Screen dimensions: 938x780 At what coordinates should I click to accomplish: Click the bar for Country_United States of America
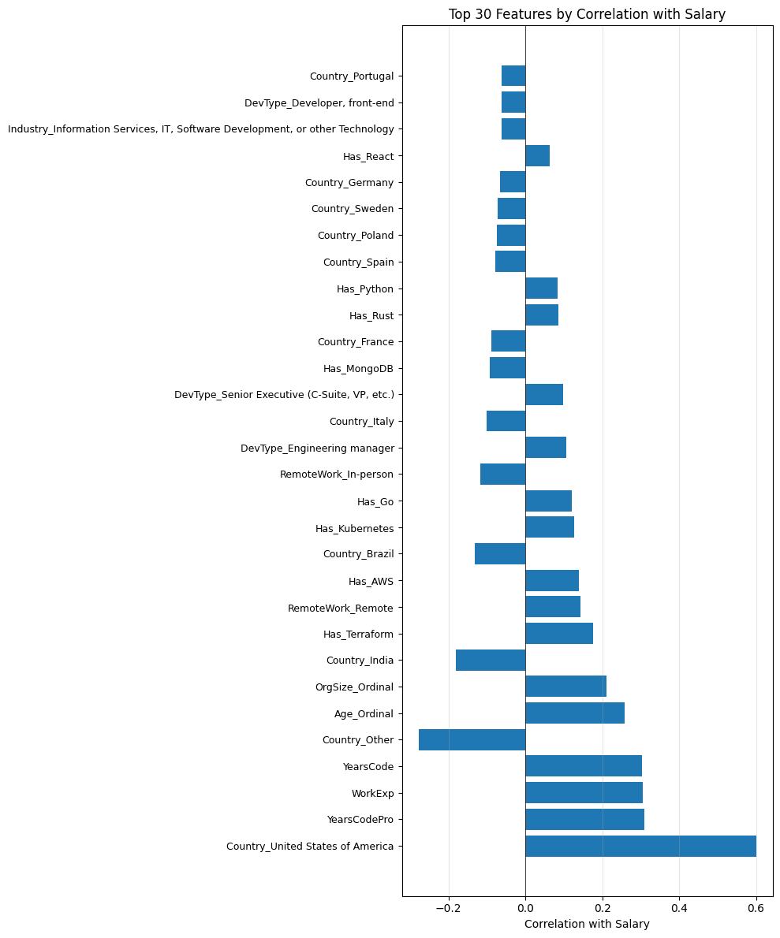coord(640,847)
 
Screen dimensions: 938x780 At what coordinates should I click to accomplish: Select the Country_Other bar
coord(472,740)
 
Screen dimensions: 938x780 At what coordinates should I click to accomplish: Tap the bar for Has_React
coord(537,156)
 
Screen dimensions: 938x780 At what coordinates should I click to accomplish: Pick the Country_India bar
coord(491,661)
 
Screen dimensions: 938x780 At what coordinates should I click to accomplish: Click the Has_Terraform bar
coord(559,634)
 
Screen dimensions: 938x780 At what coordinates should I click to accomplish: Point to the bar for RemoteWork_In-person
coord(502,475)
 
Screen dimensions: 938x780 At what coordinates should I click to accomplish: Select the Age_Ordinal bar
coord(575,713)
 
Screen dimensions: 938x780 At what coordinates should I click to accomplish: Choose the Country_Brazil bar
coord(500,554)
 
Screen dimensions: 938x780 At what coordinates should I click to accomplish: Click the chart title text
coord(587,14)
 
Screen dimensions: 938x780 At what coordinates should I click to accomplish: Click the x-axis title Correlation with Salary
coord(587,924)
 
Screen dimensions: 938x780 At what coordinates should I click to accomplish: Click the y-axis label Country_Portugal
coord(351,76)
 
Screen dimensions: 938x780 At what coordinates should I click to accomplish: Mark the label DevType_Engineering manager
coord(317,449)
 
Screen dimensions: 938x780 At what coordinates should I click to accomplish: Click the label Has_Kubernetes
coord(354,528)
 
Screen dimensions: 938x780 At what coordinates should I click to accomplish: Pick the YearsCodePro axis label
coord(360,820)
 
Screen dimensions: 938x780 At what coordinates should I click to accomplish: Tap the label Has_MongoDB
coord(358,369)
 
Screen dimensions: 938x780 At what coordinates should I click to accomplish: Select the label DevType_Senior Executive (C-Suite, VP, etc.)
coord(284,395)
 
